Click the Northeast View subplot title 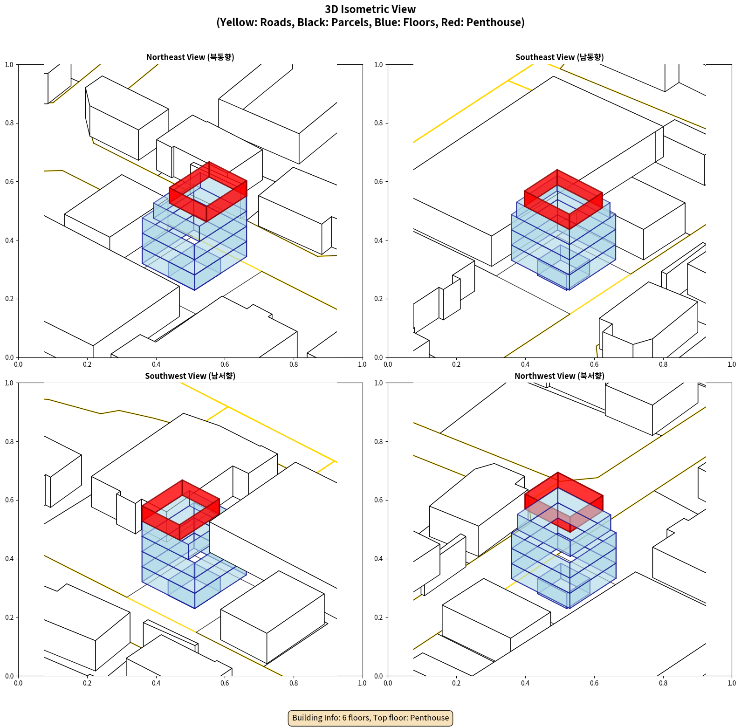(190, 57)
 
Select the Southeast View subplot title (559, 57)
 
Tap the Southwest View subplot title (190, 376)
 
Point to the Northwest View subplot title (559, 376)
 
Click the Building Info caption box (370, 718)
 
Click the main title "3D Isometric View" (370, 9)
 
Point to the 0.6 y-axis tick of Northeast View (9, 182)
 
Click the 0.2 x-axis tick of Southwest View (87, 683)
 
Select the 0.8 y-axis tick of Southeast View (379, 123)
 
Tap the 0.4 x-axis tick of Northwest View (525, 683)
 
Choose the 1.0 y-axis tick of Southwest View (9, 383)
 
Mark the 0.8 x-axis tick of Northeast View (294, 364)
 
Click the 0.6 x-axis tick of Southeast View (594, 364)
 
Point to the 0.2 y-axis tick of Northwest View (379, 617)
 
